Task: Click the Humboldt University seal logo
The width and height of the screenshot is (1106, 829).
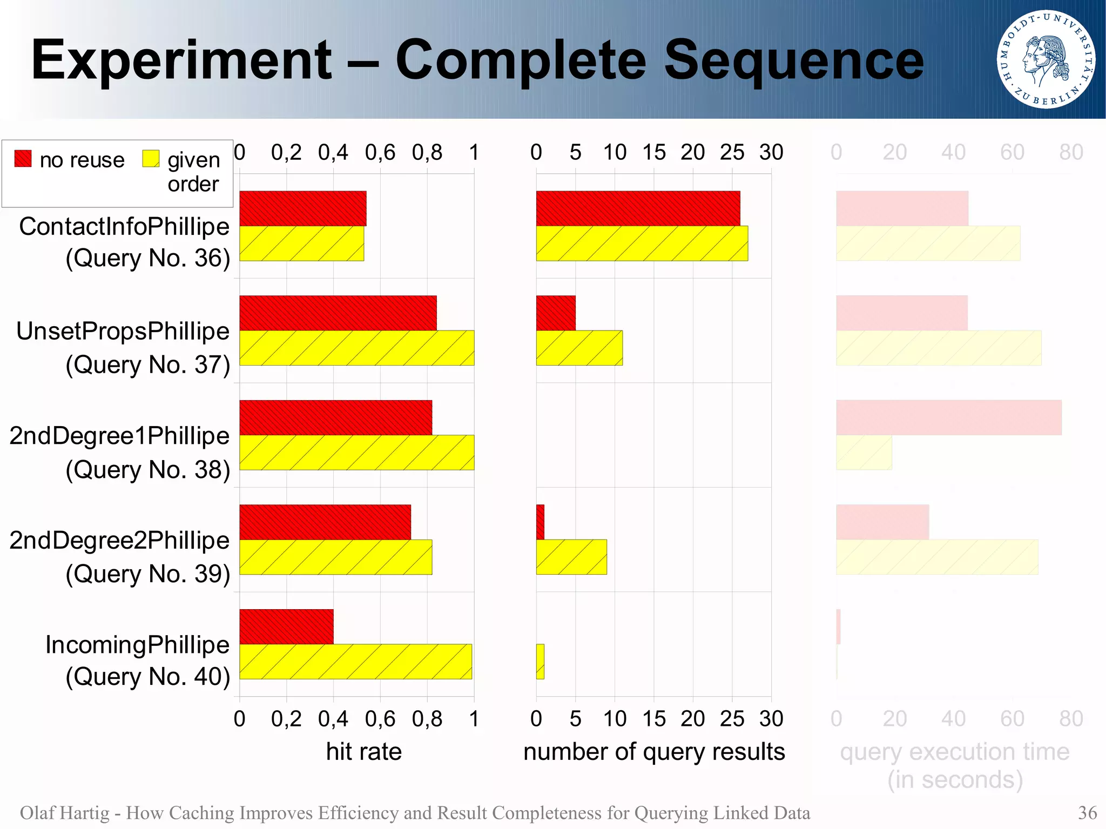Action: [x=1046, y=59]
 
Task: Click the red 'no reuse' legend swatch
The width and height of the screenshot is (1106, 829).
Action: [x=23, y=158]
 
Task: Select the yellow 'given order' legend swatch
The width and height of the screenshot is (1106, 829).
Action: [x=151, y=158]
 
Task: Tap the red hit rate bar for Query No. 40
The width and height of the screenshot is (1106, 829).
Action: [x=286, y=626]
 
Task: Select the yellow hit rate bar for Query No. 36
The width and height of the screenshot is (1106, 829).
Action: [x=301, y=244]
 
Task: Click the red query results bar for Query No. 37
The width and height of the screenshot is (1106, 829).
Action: [x=556, y=313]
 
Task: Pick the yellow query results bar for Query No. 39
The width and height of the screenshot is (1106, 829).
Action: [x=571, y=557]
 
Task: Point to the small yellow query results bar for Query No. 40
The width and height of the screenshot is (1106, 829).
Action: [x=540, y=662]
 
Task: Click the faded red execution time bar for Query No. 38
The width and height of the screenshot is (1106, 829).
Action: [x=948, y=417]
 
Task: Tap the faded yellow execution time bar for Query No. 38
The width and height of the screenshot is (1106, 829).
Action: [x=864, y=453]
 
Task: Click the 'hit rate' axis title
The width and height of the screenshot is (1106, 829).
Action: [x=363, y=752]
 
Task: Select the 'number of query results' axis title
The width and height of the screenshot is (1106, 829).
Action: [x=653, y=752]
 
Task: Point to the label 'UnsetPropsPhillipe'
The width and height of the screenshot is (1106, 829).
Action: [x=123, y=331]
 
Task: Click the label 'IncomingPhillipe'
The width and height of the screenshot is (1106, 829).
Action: [x=137, y=645]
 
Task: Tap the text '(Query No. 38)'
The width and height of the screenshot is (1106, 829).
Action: [x=147, y=469]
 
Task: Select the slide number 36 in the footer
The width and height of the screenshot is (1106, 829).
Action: [x=1087, y=812]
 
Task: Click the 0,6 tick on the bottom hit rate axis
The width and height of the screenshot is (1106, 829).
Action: [x=380, y=719]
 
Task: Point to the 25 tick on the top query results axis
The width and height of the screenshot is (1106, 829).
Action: [x=732, y=152]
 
